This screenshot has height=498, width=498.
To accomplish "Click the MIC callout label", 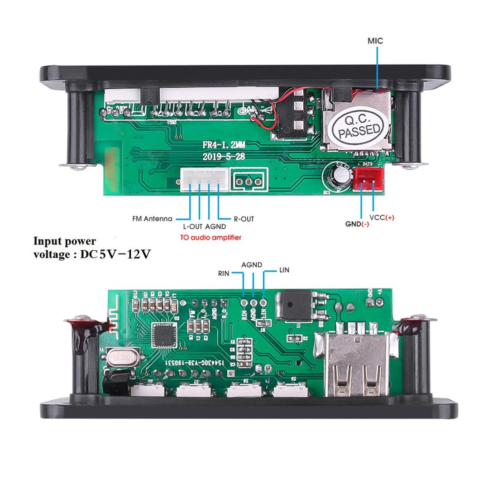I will (375, 41).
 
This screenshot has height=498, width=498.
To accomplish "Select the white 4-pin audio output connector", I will (204, 180).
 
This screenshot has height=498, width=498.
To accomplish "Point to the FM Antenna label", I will (152, 219).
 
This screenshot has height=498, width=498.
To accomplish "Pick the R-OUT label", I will (244, 219).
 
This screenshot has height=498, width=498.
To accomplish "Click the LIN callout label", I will (284, 270).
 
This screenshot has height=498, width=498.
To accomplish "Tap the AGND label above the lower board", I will (252, 264).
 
